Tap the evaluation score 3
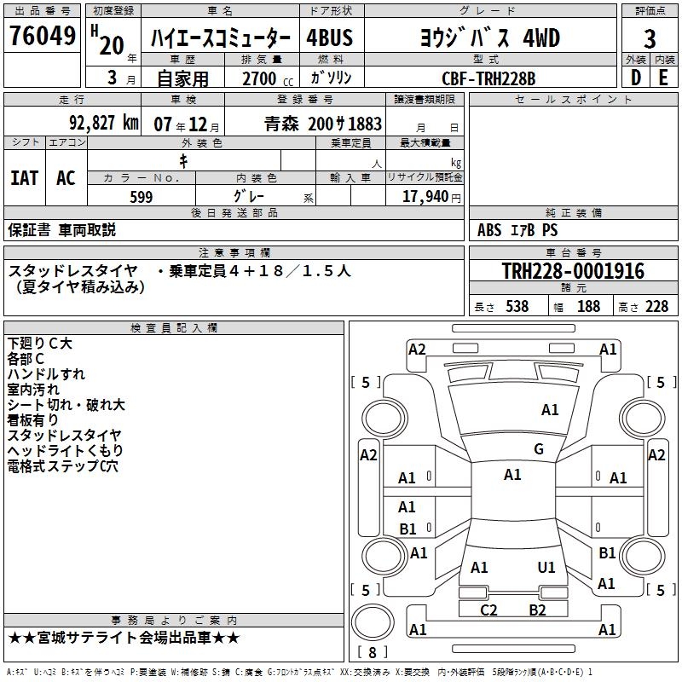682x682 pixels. pos(650,38)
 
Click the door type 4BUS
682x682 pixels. pos(329,38)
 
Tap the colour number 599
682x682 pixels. pos(142,197)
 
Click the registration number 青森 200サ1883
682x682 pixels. pos(323,124)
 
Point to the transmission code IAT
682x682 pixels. pos(24,178)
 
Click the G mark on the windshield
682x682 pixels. pos(538,449)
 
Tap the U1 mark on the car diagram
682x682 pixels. pos(546,567)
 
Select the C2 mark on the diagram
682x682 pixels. pos(488,610)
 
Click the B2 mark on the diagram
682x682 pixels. pos(537,610)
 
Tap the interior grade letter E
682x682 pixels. pos(662,78)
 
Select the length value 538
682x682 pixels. pos(517,307)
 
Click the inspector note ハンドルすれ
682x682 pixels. pos(46,374)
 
